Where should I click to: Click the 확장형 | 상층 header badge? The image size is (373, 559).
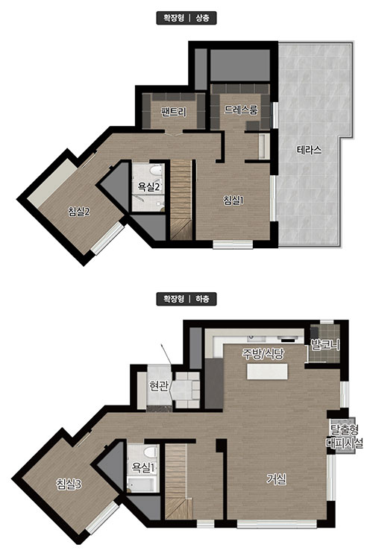pos(186,18)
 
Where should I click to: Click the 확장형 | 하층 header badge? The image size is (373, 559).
pos(186,299)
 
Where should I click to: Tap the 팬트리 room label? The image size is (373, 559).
pos(173,113)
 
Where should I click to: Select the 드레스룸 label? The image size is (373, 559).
pos(240,110)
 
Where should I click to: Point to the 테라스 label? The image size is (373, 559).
pos(309,150)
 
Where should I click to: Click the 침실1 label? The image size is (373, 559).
pos(233,200)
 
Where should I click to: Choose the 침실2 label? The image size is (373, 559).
pos(79,212)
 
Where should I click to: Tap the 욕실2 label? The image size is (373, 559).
pos(149,186)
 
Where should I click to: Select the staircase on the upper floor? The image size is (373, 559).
pos(181,200)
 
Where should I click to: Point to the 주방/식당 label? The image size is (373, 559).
pos(263,353)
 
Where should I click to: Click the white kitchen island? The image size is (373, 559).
pos(266,372)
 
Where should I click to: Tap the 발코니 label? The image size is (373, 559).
pos(325,345)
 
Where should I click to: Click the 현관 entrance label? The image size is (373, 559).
pos(159,386)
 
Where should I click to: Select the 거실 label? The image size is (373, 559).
pos(277,479)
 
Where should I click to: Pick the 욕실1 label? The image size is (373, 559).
pos(142,467)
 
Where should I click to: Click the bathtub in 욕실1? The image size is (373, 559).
pos(141,485)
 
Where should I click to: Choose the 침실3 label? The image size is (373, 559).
pos(69,484)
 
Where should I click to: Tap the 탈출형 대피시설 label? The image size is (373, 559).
pos(344,436)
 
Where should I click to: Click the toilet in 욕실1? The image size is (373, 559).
pos(151,452)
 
